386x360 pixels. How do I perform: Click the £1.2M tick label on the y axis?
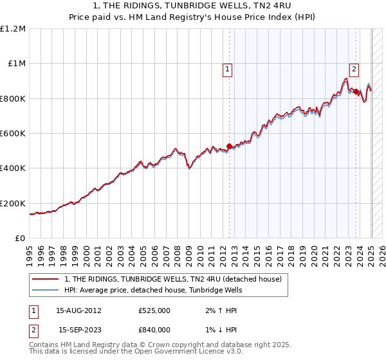pyautogui.click(x=13, y=29)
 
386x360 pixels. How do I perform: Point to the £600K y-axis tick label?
pyautogui.click(x=13, y=134)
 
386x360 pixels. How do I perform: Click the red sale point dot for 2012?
pyautogui.click(x=229, y=147)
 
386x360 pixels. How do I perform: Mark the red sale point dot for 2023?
pyautogui.click(x=356, y=92)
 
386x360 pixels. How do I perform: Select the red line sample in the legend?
pyautogui.click(x=46, y=280)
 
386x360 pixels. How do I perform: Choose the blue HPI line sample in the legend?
pyautogui.click(x=46, y=290)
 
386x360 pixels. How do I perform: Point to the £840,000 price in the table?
pyautogui.click(x=154, y=330)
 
